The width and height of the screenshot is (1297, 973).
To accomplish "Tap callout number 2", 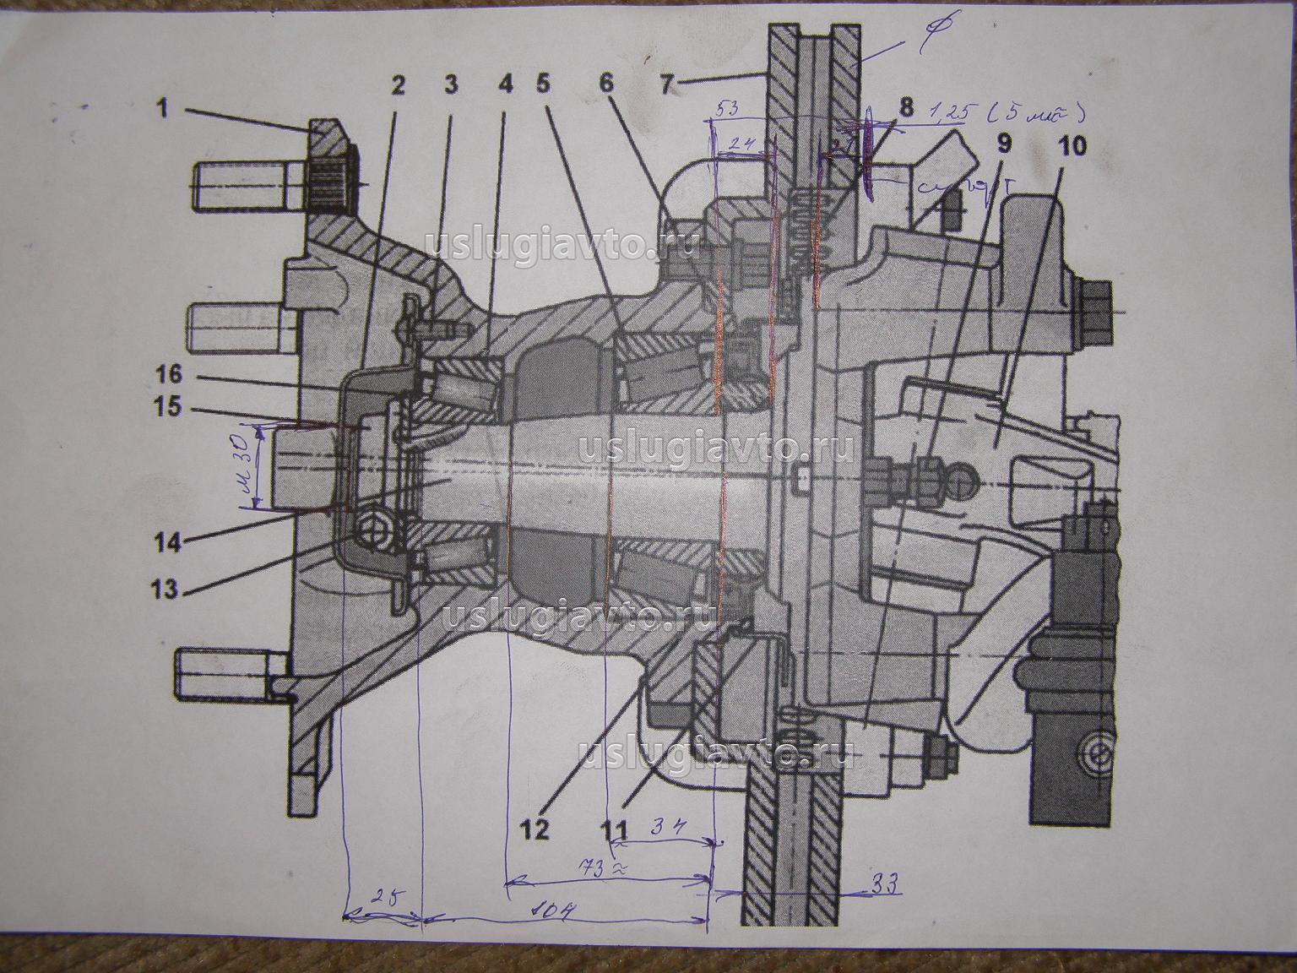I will coord(398,84).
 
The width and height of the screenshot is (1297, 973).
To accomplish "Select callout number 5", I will coord(543,84).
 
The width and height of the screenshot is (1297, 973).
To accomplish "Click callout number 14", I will coord(168,541).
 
